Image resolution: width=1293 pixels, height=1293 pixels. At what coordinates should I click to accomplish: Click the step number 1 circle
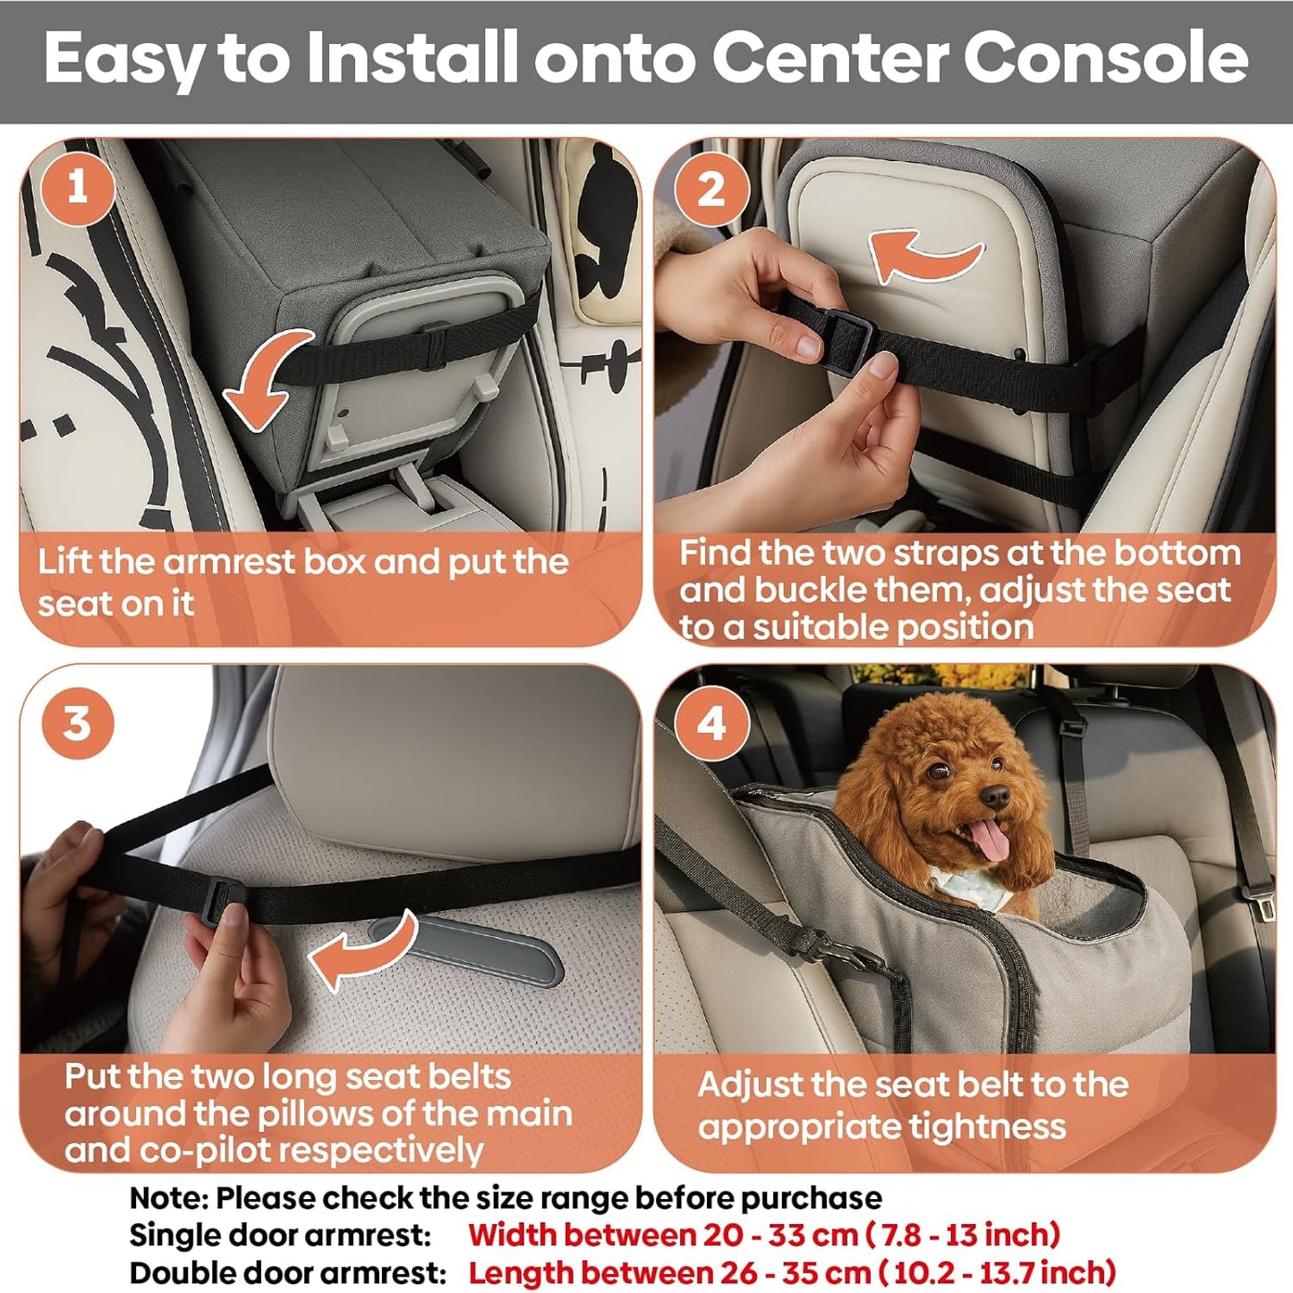tap(78, 187)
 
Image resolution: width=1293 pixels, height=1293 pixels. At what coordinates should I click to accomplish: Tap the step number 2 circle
tap(711, 189)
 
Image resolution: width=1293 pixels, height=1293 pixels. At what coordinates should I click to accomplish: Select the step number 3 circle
tap(78, 723)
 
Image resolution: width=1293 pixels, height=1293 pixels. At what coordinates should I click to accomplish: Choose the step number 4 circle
tap(711, 723)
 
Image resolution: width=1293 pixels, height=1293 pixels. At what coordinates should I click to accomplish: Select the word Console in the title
tap(1104, 59)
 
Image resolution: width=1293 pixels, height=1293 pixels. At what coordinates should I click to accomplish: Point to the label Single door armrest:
tap(280, 1235)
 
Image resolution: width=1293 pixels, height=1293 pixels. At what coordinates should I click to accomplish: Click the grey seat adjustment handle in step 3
tap(474, 948)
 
